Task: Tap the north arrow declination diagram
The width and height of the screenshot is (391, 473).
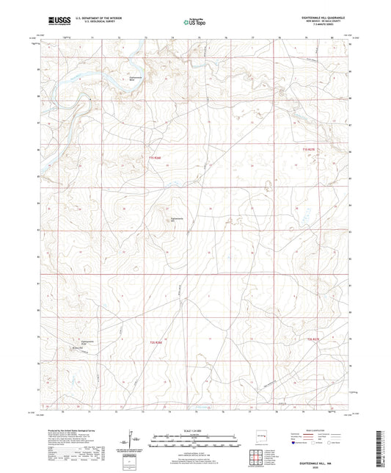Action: [131, 438]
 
